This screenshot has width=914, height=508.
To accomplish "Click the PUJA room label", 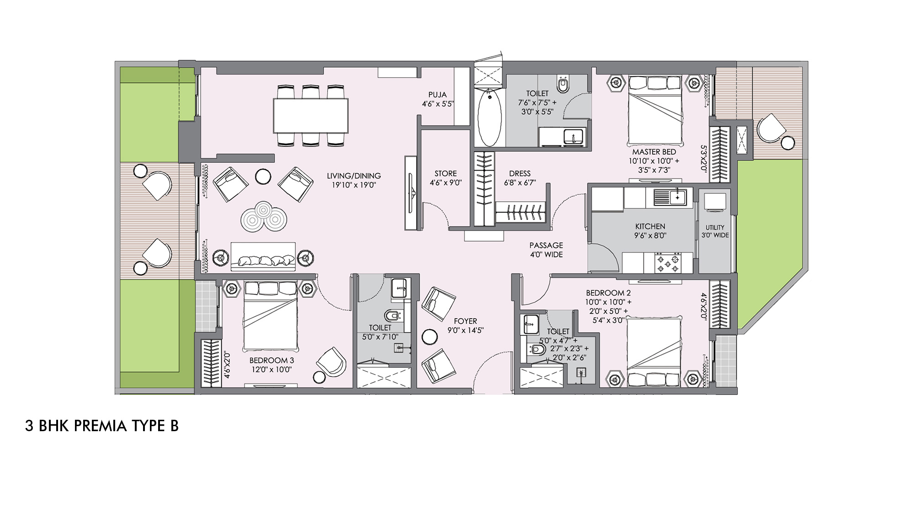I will pyautogui.click(x=437, y=95).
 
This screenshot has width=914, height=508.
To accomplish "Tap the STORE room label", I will pyautogui.click(x=446, y=173).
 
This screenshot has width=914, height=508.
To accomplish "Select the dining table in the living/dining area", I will pyautogui.click(x=311, y=115).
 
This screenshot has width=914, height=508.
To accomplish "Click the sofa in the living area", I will pyautogui.click(x=263, y=257).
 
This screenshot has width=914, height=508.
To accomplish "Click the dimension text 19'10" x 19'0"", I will pyautogui.click(x=354, y=185).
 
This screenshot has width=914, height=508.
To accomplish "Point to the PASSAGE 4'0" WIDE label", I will pyautogui.click(x=546, y=250).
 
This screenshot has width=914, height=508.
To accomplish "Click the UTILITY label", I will pyautogui.click(x=715, y=227).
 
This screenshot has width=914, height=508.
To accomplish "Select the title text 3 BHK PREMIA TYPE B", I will pyautogui.click(x=102, y=426).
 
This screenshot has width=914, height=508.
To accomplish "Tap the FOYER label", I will pyautogui.click(x=465, y=321).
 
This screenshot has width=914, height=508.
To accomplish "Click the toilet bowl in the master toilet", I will pyautogui.click(x=563, y=85).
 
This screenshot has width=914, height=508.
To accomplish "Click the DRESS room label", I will pyautogui.click(x=520, y=173).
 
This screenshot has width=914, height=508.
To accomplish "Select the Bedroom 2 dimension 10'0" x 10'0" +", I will pyautogui.click(x=608, y=302).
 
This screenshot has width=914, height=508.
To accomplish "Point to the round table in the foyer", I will pyautogui.click(x=430, y=337).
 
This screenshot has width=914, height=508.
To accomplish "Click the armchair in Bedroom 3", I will pyautogui.click(x=331, y=360).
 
